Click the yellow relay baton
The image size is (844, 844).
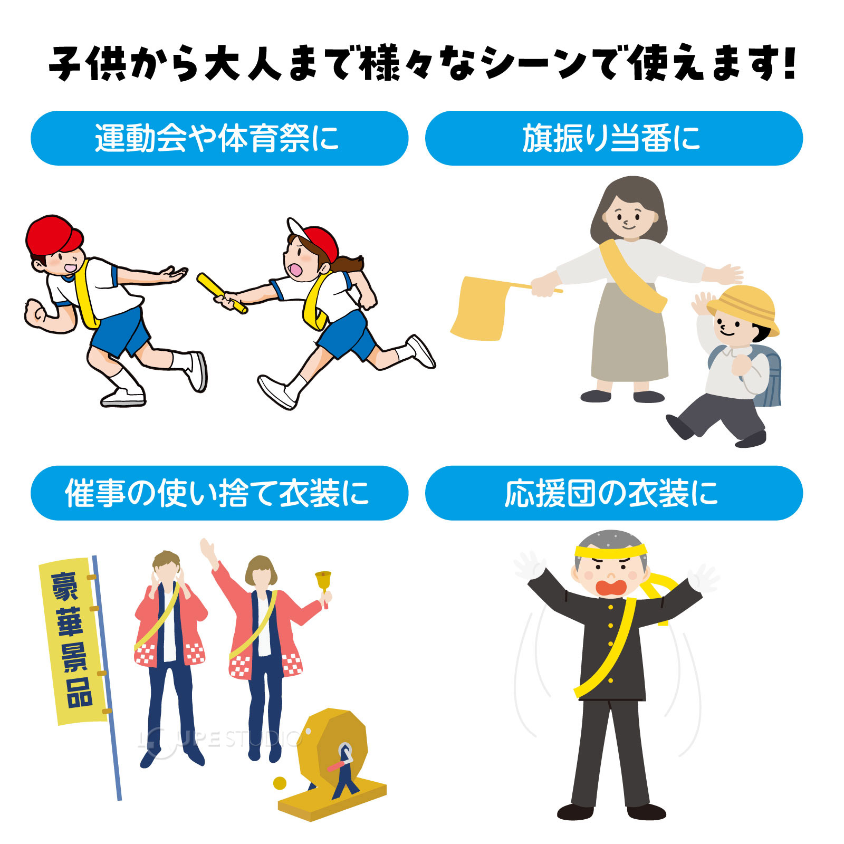tap(222, 293)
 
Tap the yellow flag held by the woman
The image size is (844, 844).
tap(480, 309)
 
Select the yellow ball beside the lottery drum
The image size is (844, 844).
tap(280, 783)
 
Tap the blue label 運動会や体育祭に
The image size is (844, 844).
tap(219, 138)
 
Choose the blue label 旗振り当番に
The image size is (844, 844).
tap(613, 138)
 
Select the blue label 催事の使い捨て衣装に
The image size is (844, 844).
tap(219, 493)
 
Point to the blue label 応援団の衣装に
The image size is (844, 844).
tap(613, 493)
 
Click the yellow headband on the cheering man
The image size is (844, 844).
tap(610, 552)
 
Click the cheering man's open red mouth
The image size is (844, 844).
tap(611, 587)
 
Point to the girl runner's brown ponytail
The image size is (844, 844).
tap(351, 264)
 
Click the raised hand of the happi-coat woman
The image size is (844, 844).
tap(207, 549)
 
